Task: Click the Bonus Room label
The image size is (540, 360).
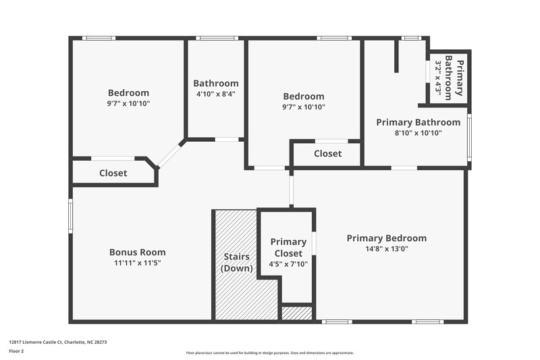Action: pos(137,253)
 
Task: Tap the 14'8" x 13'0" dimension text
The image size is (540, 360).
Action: pos(387,249)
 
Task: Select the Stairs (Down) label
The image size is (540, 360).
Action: pos(237,262)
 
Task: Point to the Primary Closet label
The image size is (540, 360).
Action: pos(288,247)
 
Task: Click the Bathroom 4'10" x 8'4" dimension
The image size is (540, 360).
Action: pos(215,94)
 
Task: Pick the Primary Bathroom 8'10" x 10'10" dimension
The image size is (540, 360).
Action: pos(418,133)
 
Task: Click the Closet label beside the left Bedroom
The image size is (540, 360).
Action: pos(113,173)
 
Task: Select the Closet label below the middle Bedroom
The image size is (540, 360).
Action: pos(327,153)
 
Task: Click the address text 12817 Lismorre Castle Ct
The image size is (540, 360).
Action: pos(57,342)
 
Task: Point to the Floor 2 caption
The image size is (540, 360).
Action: pos(16,352)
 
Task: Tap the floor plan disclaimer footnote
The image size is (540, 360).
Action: pos(269,353)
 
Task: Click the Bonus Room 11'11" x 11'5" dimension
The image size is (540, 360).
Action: pos(137,263)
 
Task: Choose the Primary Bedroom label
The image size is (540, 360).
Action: pos(387,238)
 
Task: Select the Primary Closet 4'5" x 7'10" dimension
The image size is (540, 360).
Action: pos(288,264)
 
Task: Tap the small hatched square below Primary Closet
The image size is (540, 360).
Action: pos(296,313)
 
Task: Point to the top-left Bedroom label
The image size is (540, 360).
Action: pos(128,93)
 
